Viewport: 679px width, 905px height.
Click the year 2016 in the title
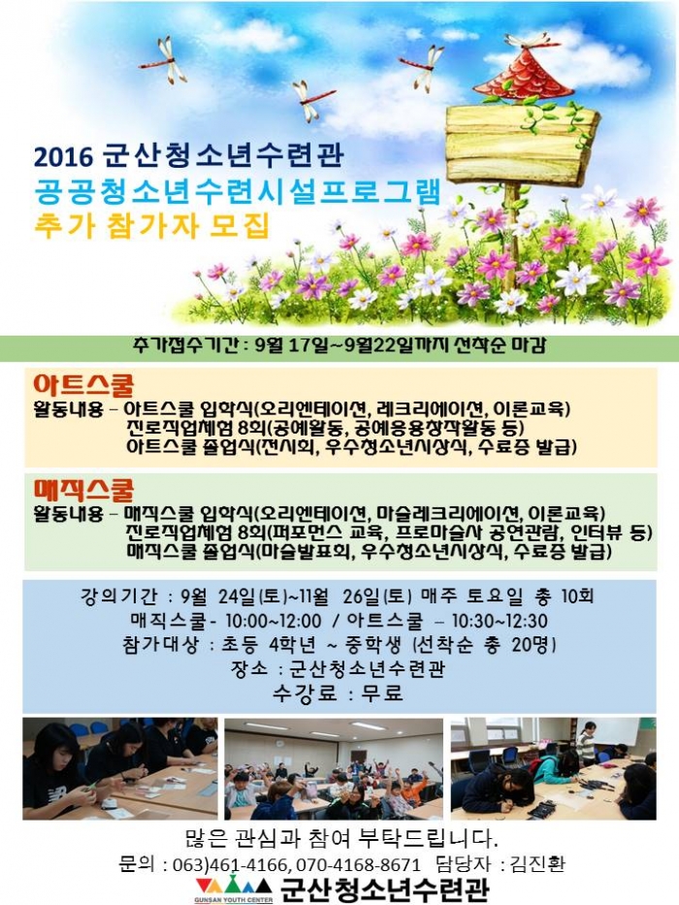pyautogui.click(x=63, y=156)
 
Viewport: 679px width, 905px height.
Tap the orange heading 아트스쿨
pyautogui.click(x=83, y=385)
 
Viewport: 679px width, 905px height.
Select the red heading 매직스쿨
pyautogui.click(x=83, y=490)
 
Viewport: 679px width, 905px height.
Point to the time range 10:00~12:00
pyautogui.click(x=274, y=621)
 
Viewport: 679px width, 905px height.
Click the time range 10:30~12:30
pyautogui.click(x=500, y=621)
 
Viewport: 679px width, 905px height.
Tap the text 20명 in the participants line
pyautogui.click(x=533, y=645)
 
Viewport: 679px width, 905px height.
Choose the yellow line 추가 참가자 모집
pyautogui.click(x=152, y=224)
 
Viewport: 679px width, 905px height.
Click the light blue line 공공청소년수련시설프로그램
pyautogui.click(x=238, y=190)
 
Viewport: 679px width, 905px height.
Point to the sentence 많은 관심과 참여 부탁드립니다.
pyautogui.click(x=340, y=837)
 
